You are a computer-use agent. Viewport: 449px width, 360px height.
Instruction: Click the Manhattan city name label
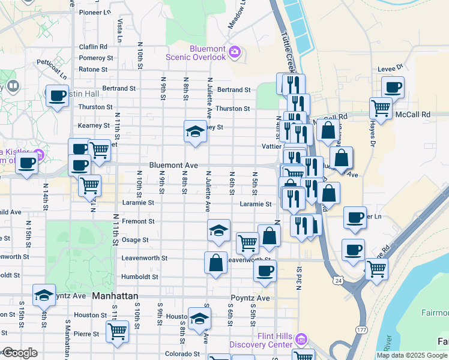(115, 296)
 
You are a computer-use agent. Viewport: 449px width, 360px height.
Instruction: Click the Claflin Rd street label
(93, 47)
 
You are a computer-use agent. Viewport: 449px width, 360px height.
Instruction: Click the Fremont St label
(138, 221)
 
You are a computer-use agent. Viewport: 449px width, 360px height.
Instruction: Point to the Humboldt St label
(140, 277)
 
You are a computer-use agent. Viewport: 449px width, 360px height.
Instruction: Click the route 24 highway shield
(339, 280)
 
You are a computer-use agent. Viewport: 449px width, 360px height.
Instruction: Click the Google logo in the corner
(20, 353)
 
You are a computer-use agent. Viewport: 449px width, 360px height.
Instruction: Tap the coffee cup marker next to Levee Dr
(393, 88)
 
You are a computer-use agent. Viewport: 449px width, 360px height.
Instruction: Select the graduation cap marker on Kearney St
(195, 131)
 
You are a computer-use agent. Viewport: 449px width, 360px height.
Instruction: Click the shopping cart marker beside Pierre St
(117, 331)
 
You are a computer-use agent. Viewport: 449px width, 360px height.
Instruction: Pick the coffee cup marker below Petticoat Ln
(58, 96)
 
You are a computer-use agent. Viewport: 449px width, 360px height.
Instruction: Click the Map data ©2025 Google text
(411, 355)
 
